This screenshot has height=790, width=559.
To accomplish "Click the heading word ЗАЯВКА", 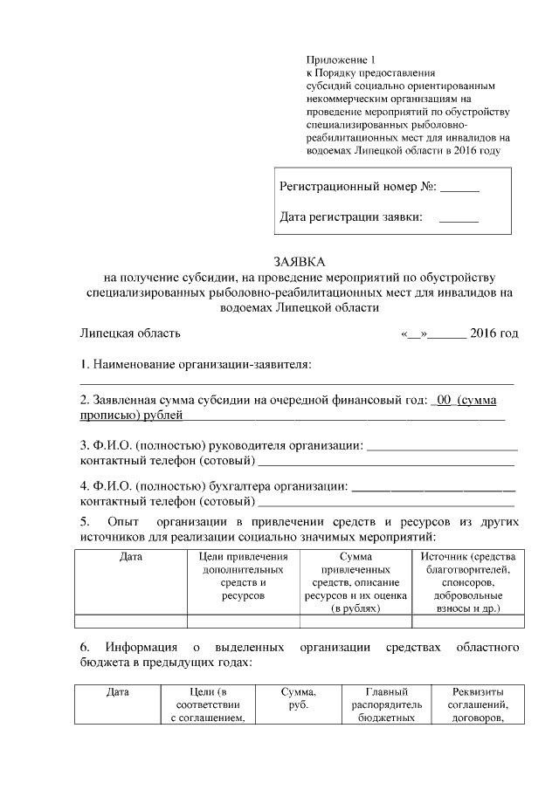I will click(x=299, y=261).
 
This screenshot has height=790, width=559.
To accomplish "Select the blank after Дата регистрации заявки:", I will click(x=459, y=216).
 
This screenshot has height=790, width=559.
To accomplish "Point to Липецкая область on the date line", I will click(x=130, y=333).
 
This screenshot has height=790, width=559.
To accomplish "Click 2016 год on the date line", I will click(x=493, y=333).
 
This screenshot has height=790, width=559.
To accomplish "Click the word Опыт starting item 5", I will click(x=122, y=522).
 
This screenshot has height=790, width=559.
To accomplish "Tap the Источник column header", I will click(x=469, y=581).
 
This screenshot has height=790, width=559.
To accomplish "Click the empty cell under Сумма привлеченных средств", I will click(x=355, y=622).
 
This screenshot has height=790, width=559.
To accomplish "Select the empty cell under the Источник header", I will click(x=469, y=622).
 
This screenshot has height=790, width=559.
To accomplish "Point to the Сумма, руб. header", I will click(x=299, y=698).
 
